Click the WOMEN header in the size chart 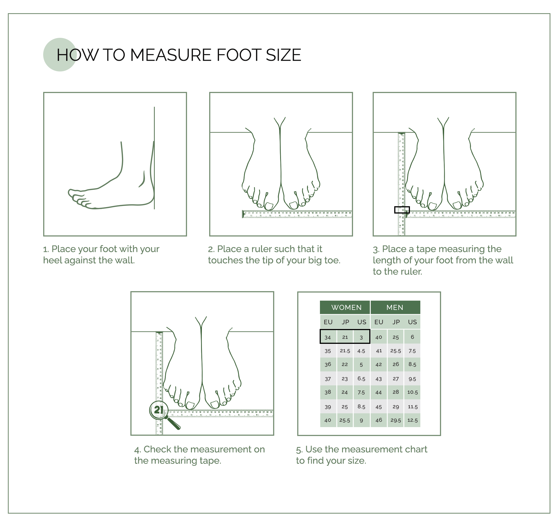click(x=346, y=307)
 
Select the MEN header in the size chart click(x=395, y=307)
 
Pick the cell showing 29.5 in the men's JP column click(x=396, y=420)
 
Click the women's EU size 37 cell click(x=328, y=379)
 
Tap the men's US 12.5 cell click(x=412, y=420)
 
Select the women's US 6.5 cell click(x=361, y=379)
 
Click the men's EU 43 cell click(x=379, y=379)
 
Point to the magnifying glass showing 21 click(x=159, y=410)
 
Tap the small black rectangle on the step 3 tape click(x=402, y=210)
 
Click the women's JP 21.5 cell click(x=345, y=351)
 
